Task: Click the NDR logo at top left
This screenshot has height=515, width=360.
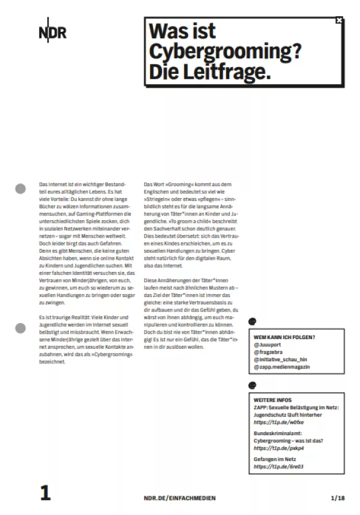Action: click(53, 32)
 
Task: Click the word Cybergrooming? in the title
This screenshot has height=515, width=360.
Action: click(225, 51)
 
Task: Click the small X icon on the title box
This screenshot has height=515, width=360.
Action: click(339, 20)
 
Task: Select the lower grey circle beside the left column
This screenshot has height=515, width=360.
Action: click(20, 328)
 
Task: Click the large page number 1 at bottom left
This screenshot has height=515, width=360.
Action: click(45, 493)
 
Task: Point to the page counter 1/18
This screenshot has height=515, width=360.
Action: click(338, 498)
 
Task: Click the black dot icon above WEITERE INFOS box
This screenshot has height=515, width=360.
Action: click(253, 385)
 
